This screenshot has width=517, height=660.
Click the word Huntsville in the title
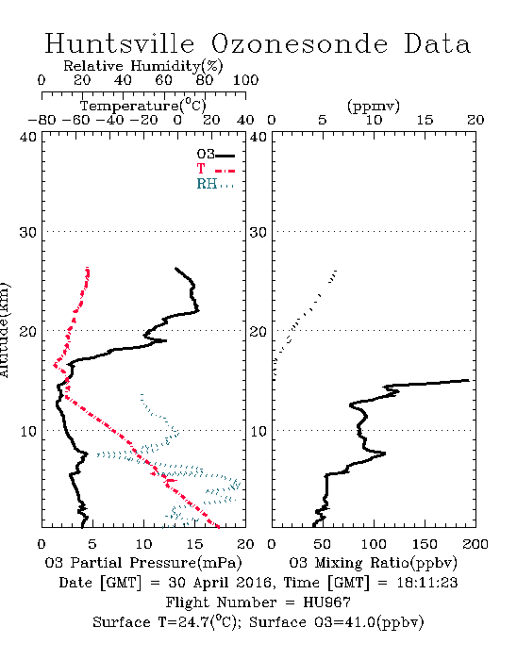pyautogui.click(x=120, y=43)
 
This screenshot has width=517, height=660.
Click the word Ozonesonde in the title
pyautogui.click(x=299, y=43)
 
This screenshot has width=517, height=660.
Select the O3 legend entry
pyautogui.click(x=215, y=155)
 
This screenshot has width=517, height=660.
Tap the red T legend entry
pyautogui.click(x=215, y=169)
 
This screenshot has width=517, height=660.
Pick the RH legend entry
pyautogui.click(x=215, y=184)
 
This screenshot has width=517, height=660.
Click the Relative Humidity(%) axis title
pyautogui.click(x=143, y=66)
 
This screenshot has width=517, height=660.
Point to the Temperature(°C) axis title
pyautogui.click(x=143, y=106)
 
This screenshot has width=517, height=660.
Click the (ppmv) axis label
pyautogui.click(x=374, y=106)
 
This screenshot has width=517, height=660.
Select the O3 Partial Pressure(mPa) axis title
pyautogui.click(x=143, y=563)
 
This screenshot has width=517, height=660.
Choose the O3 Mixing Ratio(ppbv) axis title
pyautogui.click(x=373, y=563)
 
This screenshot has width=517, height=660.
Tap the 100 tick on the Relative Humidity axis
pyautogui.click(x=245, y=80)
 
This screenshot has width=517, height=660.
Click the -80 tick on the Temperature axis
pyautogui.click(x=42, y=120)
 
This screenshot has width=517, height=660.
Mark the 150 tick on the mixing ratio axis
pyautogui.click(x=425, y=544)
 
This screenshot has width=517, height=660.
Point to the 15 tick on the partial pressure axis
pyautogui.click(x=195, y=544)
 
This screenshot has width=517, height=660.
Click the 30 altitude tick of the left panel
pyautogui.click(x=28, y=232)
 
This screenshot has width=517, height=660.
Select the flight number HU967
pyautogui.click(x=326, y=602)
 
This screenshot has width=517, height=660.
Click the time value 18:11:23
pyautogui.click(x=427, y=583)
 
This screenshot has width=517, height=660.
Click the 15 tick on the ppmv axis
pyautogui.click(x=425, y=120)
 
